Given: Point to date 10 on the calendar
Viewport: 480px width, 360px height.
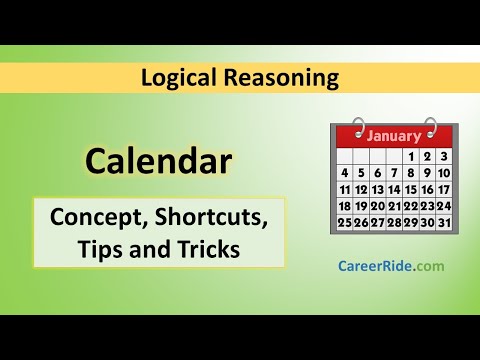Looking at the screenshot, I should (x=444, y=173).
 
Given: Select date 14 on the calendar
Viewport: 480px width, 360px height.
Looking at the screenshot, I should (x=394, y=190).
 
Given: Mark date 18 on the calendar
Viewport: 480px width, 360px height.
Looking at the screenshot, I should (x=345, y=206).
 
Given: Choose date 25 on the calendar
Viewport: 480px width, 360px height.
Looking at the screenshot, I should (x=345, y=222).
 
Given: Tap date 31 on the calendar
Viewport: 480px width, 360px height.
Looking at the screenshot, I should (x=444, y=222).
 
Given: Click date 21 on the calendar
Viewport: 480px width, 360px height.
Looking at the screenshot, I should (x=394, y=206).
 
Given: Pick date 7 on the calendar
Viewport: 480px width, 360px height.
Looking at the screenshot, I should (x=394, y=173).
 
